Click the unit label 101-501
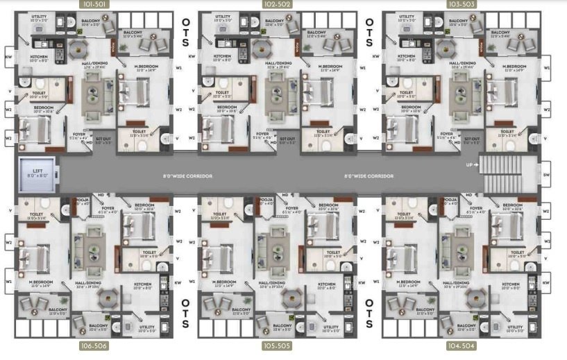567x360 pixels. point(93,4)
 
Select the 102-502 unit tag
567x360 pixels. point(278,4)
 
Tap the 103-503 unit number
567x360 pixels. point(461,4)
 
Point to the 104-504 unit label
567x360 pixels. point(461,345)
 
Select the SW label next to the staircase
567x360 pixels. point(547,175)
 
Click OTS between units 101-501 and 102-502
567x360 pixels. point(186,32)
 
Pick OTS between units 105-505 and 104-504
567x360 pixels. point(370,313)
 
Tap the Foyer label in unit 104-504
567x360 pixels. point(476,207)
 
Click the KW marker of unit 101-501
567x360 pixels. point(8,57)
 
